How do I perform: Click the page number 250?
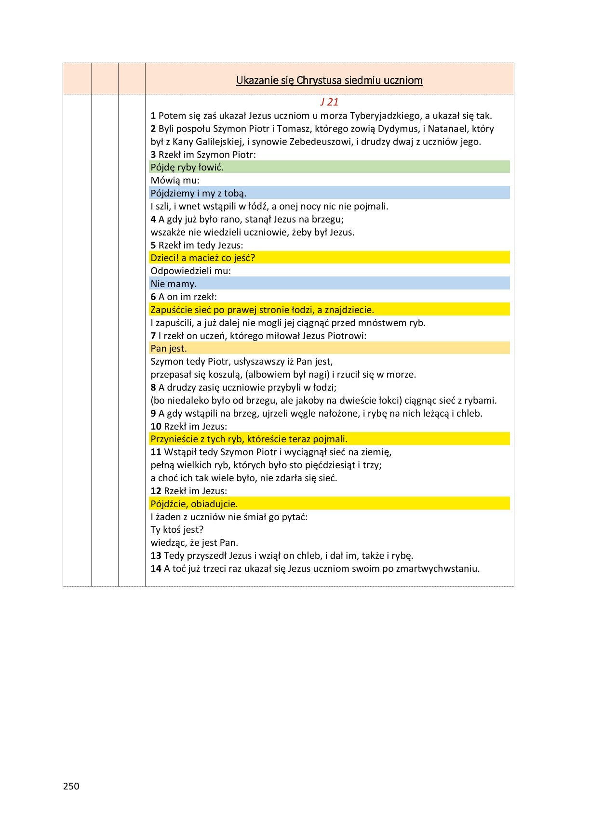coord(71,786)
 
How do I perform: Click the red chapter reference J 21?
coord(329,102)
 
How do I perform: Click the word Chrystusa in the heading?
coord(319,80)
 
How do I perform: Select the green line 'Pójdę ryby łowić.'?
coord(187,167)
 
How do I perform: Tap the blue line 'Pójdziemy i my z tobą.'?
coord(198,193)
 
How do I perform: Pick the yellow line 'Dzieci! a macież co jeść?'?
coord(202,258)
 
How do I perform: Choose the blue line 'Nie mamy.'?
coord(174,284)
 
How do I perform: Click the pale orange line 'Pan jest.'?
coord(169,348)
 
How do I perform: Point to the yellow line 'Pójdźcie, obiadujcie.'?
coord(194,504)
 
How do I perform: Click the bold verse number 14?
coord(156,568)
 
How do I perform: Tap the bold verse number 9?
coord(153,413)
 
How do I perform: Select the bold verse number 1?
coord(153,116)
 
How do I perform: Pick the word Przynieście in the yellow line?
coord(174,439)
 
